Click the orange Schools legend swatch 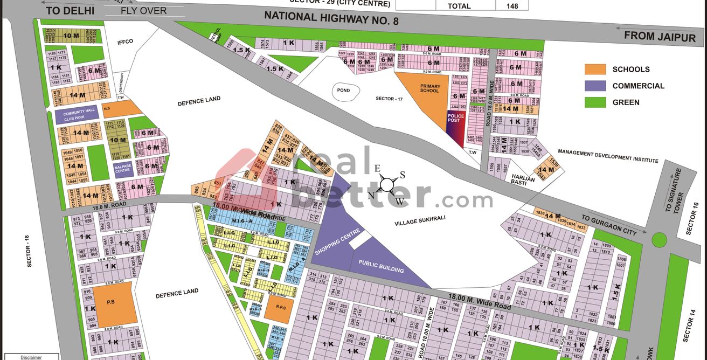coord(595,69)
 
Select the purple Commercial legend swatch coord(595,86)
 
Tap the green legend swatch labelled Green coord(595,102)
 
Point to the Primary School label coord(430,88)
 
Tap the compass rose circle coord(387,184)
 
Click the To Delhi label coord(70,10)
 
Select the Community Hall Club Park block coord(78,115)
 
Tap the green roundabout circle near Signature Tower coord(659,239)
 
